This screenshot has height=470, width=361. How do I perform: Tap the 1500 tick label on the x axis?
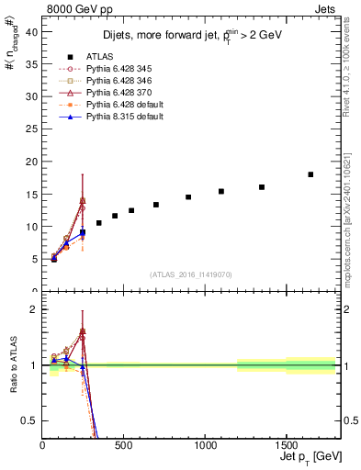click(286, 445)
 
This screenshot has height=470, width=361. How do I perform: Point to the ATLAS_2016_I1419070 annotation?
click(190, 274)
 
